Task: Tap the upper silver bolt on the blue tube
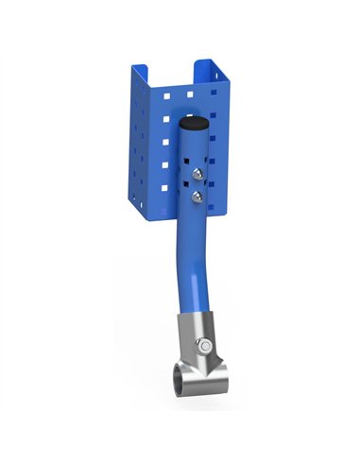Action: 197,176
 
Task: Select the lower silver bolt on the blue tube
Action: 197,197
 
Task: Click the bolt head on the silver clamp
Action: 201,347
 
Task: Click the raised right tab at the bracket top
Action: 209,68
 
